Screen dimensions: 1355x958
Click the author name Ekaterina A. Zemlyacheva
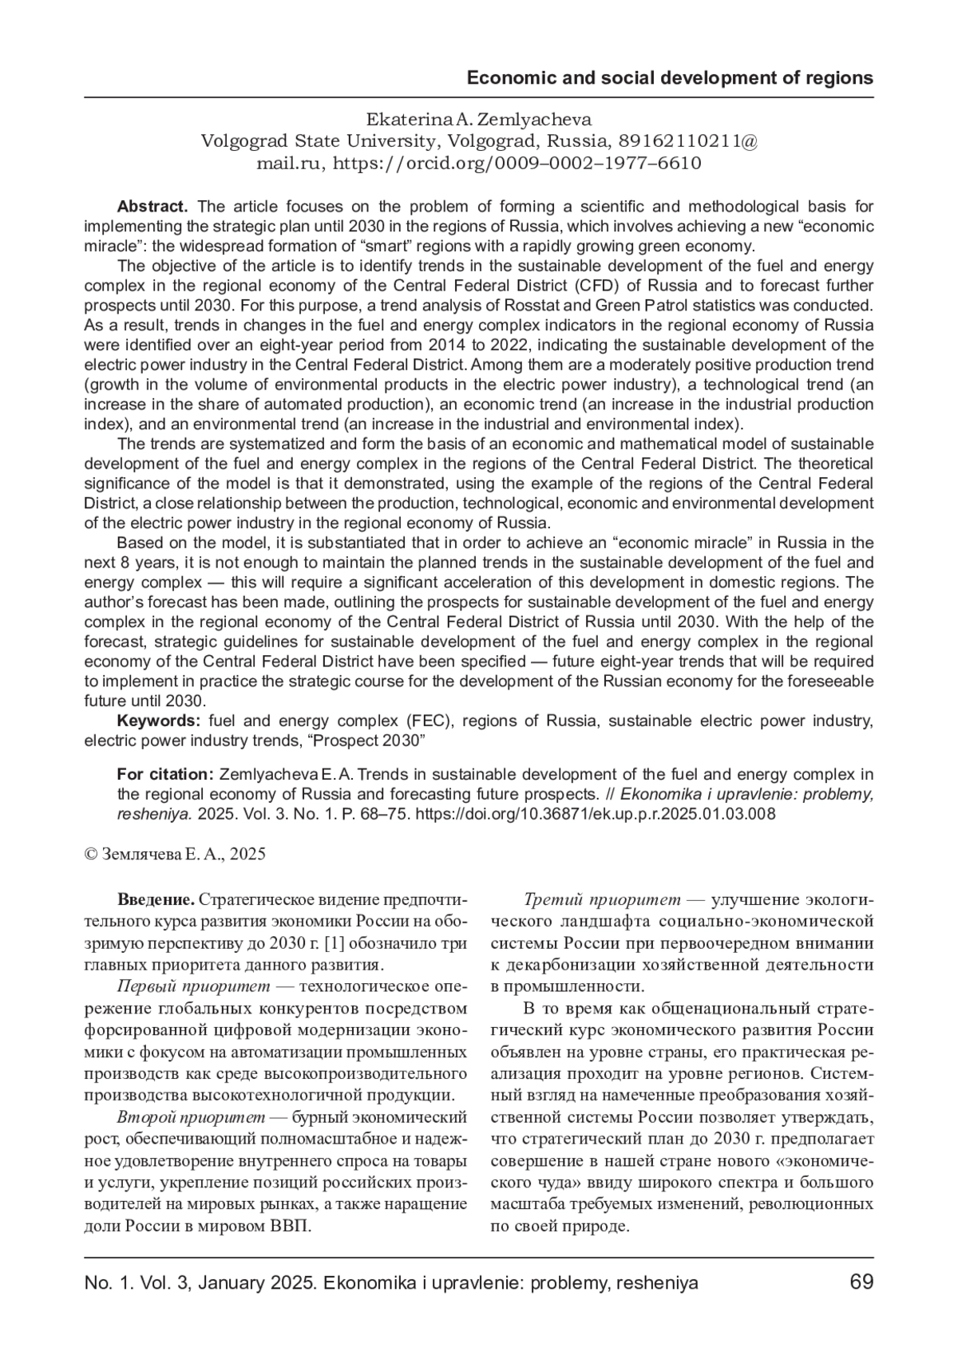point(478,120)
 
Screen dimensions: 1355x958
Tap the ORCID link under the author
point(517,164)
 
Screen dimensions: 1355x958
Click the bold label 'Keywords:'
point(159,721)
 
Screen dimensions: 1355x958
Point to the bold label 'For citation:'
point(164,774)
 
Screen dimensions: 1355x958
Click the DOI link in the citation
point(596,814)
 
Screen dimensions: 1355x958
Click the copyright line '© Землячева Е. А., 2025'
point(175,854)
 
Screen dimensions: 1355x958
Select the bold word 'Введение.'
point(156,900)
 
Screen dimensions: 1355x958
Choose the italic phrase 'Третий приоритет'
point(602,900)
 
